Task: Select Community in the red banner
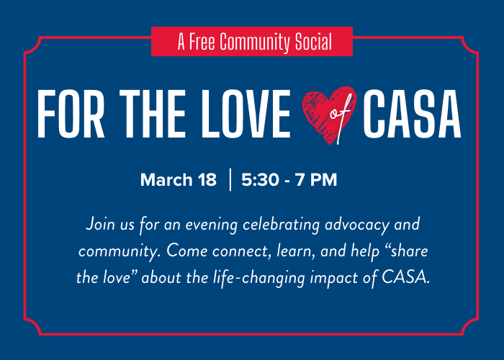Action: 258,42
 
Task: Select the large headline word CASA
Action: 413,116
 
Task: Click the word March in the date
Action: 166,180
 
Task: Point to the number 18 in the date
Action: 207,180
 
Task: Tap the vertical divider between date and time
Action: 230,180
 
